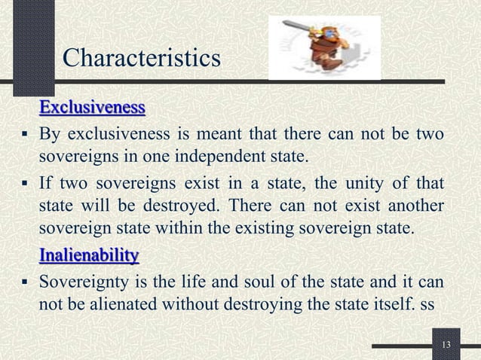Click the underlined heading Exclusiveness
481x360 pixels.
[x=91, y=108]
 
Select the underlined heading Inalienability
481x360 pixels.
[x=88, y=257]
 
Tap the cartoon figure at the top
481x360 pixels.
[x=323, y=47]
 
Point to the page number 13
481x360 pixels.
[x=446, y=345]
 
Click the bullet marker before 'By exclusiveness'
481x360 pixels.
[x=25, y=136]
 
